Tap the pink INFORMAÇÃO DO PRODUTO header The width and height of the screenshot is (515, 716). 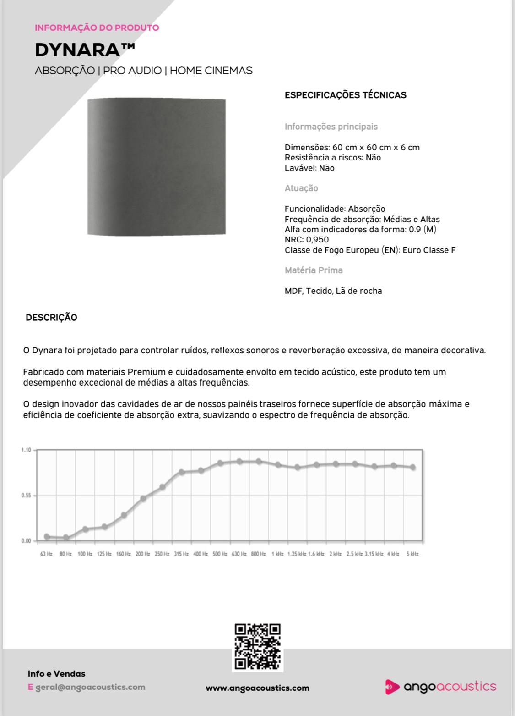(97, 28)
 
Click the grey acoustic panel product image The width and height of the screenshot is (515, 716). (157, 167)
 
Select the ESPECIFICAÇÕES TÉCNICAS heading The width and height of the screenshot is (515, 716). (345, 95)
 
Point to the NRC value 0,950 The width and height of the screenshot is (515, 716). (317, 240)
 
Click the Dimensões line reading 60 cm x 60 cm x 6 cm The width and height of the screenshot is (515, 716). (352, 148)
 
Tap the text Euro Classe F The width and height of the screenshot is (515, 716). (429, 250)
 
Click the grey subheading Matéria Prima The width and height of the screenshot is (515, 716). (314, 270)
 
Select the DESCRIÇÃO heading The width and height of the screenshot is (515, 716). (51, 318)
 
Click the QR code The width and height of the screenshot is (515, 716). (257, 646)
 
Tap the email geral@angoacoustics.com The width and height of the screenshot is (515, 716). (90, 687)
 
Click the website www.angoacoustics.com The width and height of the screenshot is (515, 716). (257, 688)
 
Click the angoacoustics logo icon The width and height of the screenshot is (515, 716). (391, 687)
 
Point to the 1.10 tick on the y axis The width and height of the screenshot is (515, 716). (26, 450)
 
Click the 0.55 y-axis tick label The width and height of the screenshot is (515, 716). (26, 496)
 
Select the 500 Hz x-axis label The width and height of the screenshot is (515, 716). (220, 554)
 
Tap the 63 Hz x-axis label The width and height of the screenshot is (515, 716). (46, 554)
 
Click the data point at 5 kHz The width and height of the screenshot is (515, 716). (413, 468)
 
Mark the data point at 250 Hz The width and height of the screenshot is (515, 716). (162, 487)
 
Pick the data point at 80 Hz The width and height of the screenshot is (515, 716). (66, 538)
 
